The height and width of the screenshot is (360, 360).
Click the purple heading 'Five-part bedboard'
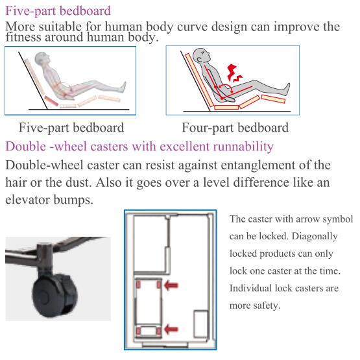(x=58, y=11)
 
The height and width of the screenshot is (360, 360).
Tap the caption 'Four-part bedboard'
(x=235, y=128)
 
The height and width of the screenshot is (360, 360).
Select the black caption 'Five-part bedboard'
(x=71, y=128)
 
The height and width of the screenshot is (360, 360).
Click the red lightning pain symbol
(x=234, y=73)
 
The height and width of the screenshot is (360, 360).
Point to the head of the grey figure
(x=201, y=56)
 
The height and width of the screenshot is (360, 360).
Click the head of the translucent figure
(x=42, y=58)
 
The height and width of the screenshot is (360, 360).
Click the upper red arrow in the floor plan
(x=171, y=285)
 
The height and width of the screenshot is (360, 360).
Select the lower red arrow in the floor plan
(x=171, y=329)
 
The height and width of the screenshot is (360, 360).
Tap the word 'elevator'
(x=27, y=200)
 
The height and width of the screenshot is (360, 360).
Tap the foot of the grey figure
(x=285, y=89)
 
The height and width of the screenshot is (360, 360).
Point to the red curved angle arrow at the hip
(x=226, y=88)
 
